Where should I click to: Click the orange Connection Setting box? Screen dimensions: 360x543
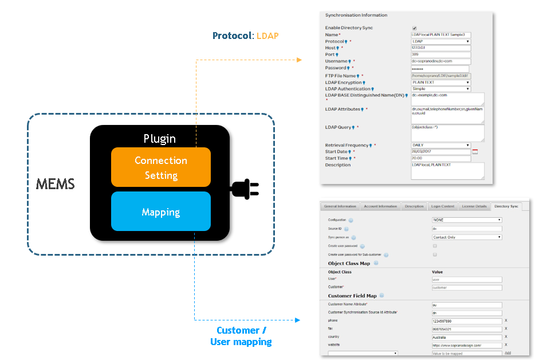(160, 167)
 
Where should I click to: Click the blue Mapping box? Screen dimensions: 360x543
(160, 212)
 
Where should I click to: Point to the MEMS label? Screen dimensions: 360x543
(56, 184)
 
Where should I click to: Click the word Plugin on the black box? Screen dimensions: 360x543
(160, 138)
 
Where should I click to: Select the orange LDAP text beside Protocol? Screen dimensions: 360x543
(267, 36)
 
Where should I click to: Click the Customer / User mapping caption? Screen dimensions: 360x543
(241, 336)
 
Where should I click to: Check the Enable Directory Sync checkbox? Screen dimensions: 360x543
(414, 28)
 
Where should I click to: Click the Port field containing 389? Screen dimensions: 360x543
(440, 54)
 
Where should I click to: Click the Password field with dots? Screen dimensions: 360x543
(440, 68)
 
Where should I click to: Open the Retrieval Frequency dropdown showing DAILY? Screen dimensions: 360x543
(440, 145)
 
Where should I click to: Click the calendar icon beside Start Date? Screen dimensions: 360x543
(474, 152)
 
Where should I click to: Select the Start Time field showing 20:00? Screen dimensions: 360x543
(440, 158)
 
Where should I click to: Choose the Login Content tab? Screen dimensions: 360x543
(443, 206)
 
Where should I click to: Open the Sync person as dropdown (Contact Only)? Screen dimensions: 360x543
(467, 237)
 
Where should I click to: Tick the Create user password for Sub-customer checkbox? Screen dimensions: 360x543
(435, 254)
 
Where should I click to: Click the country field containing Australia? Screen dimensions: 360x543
(467, 337)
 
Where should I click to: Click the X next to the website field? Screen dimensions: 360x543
(506, 345)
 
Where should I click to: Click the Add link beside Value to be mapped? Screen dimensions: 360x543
(507, 353)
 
